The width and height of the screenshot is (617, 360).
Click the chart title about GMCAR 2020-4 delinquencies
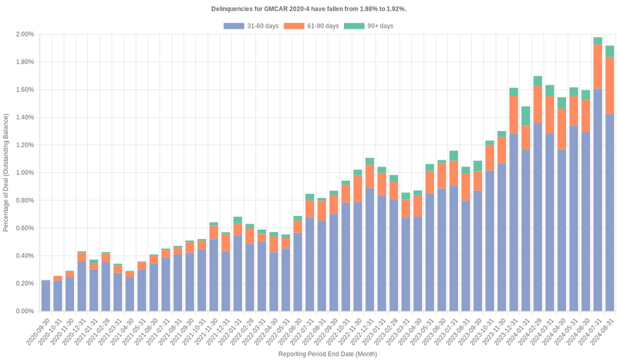click(308, 8)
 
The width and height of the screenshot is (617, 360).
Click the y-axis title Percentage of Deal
click(6, 173)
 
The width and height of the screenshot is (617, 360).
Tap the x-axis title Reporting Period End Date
click(327, 354)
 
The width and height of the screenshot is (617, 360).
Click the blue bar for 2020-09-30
click(46, 296)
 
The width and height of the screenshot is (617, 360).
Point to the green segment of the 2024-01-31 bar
click(525, 116)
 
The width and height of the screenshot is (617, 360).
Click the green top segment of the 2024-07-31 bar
click(598, 41)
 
